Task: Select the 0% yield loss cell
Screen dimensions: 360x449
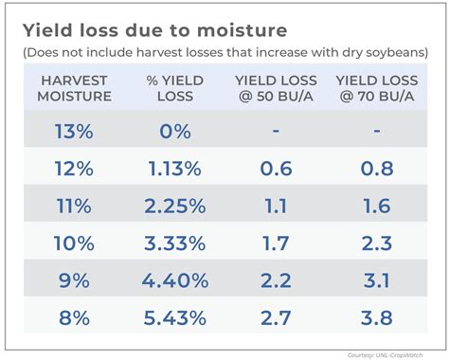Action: [174, 132]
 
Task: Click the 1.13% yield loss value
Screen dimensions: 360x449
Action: [174, 169]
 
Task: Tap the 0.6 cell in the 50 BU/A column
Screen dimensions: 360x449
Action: [275, 169]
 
